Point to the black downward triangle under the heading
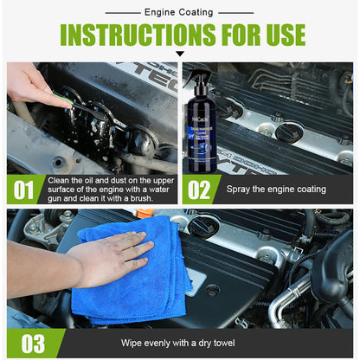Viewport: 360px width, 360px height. coord(180,55)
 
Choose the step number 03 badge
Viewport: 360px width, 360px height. coord(32,344)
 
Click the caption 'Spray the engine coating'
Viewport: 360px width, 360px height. coord(276,189)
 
